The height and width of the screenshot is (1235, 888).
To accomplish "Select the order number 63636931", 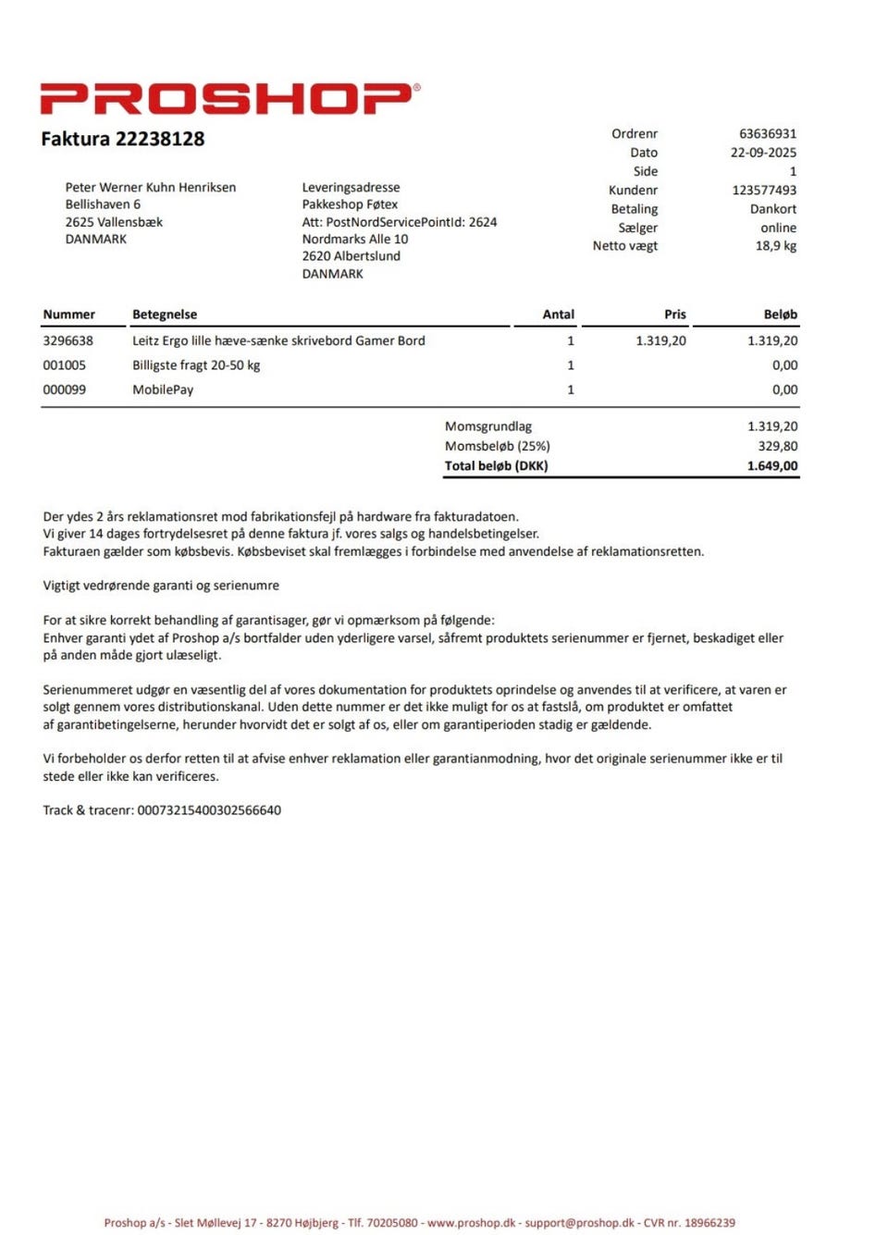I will click(x=767, y=134).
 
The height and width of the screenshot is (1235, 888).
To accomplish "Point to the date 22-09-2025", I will click(x=762, y=153).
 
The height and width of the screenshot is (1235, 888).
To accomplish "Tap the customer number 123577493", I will click(x=763, y=191).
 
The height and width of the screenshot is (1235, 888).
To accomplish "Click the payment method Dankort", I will click(x=772, y=209).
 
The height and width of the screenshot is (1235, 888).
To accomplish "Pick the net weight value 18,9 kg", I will click(x=775, y=246).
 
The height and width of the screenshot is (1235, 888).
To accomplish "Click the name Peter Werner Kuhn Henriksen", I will click(x=150, y=188).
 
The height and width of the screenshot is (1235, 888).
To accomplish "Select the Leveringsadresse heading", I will click(x=351, y=188).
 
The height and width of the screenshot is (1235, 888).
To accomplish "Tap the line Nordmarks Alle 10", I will click(x=354, y=239).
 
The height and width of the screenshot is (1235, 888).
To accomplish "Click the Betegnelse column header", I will click(x=165, y=315).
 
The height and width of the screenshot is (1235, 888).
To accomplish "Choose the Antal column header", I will click(x=558, y=315).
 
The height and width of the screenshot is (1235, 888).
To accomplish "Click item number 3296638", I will click(x=68, y=340).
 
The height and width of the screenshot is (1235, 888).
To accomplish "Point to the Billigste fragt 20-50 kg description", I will click(x=196, y=365).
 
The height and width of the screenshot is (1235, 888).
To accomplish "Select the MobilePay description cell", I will click(x=163, y=389).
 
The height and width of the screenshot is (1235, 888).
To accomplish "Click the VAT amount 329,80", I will click(x=777, y=446).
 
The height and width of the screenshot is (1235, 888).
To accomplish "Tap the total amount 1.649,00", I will click(x=771, y=466).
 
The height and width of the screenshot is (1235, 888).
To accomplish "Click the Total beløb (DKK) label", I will click(x=496, y=466).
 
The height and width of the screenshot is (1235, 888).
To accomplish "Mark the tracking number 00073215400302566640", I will click(x=209, y=810).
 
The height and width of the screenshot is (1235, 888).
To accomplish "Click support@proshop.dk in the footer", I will click(x=579, y=1223).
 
